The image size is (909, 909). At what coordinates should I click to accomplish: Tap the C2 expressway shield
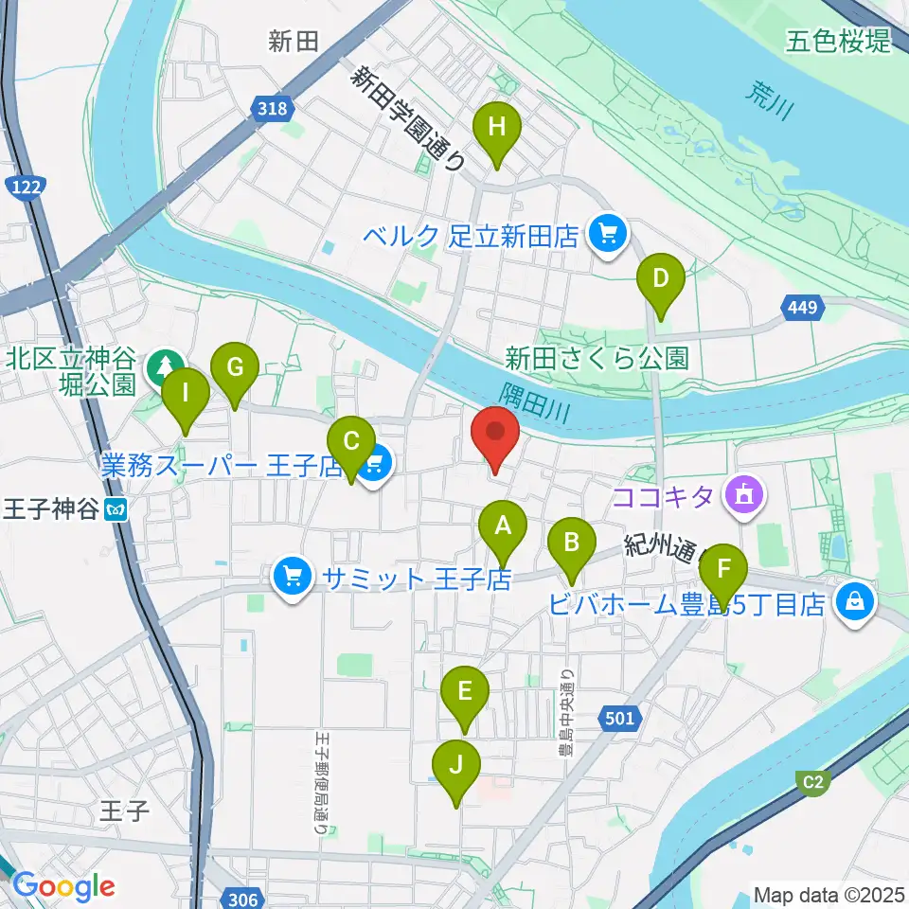click(x=812, y=782)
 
